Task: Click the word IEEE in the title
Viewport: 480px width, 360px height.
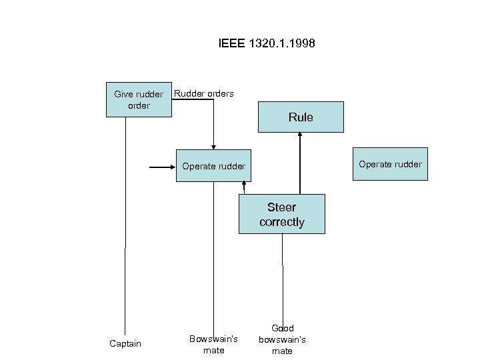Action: click(231, 44)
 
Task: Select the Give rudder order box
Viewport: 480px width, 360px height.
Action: click(139, 100)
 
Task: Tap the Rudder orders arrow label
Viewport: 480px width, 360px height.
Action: click(203, 93)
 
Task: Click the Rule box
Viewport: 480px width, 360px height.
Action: click(301, 117)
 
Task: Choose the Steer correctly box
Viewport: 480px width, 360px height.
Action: click(282, 214)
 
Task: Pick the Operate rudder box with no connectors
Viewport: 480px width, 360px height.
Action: click(390, 164)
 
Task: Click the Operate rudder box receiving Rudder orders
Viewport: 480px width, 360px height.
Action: click(213, 166)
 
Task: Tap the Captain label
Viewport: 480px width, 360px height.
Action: click(125, 343)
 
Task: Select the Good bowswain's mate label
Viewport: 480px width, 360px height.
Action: click(283, 339)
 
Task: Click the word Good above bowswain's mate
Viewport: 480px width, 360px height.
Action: click(283, 328)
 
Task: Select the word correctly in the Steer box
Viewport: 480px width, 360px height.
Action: click(282, 222)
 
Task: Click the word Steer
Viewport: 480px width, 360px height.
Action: click(282, 207)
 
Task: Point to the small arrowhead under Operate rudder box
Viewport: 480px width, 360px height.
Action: click(245, 185)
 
